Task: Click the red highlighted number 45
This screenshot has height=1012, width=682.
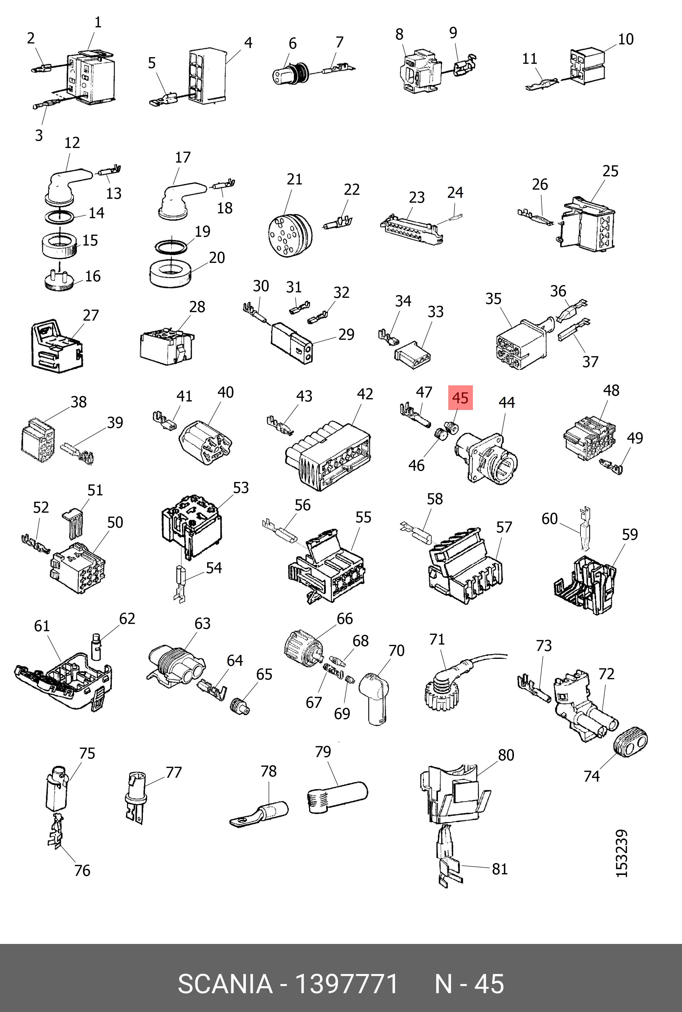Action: coord(460,398)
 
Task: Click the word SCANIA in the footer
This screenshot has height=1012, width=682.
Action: coord(225,984)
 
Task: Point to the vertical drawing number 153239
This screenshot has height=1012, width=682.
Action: coord(622,854)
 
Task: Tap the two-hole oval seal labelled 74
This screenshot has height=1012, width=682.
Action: coord(630,741)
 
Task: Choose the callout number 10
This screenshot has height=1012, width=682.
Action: coord(625,39)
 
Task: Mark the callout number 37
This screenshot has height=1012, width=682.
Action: coord(590,361)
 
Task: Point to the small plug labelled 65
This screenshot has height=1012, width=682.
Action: coord(240,705)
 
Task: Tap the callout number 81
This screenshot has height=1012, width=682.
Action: coord(500,869)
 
